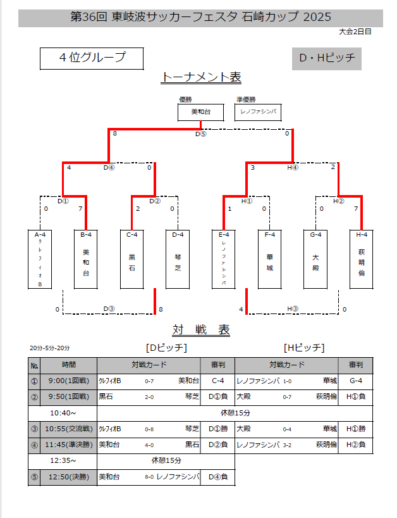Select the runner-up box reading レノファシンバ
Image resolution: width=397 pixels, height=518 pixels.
(258, 112)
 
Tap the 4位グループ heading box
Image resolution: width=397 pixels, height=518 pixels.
(92, 58)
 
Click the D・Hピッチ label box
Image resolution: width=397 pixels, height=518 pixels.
(327, 59)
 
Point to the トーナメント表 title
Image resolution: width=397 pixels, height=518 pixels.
(202, 77)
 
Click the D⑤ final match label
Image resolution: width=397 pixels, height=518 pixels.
(200, 134)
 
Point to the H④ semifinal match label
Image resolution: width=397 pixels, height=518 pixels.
(292, 168)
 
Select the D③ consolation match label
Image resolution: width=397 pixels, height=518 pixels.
(109, 309)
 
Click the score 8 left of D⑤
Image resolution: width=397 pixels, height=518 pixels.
(114, 134)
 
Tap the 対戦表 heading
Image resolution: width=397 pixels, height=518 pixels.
(201, 331)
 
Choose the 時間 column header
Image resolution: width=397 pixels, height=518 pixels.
(69, 365)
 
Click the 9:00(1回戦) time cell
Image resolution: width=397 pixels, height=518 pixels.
(69, 381)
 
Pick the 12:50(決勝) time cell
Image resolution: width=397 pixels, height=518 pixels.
(69, 476)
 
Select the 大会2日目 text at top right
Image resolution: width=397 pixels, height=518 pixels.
(355, 31)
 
